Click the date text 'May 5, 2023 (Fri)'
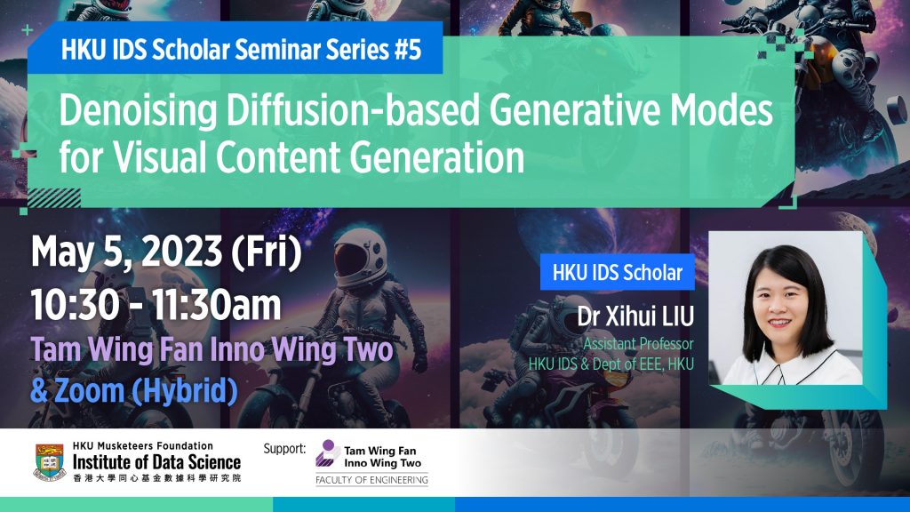pos(166,253)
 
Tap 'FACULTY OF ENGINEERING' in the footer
pos(371,481)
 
